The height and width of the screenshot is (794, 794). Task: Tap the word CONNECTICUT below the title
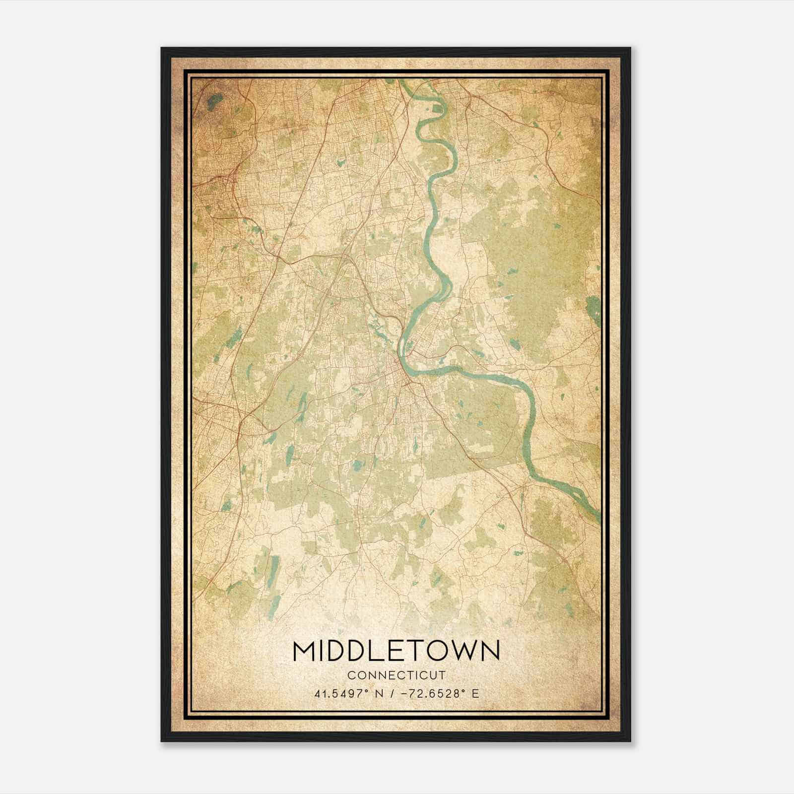coord(397,675)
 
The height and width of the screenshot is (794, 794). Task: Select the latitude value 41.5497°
coord(340,693)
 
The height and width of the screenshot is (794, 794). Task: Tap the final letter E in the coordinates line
coord(475,693)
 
